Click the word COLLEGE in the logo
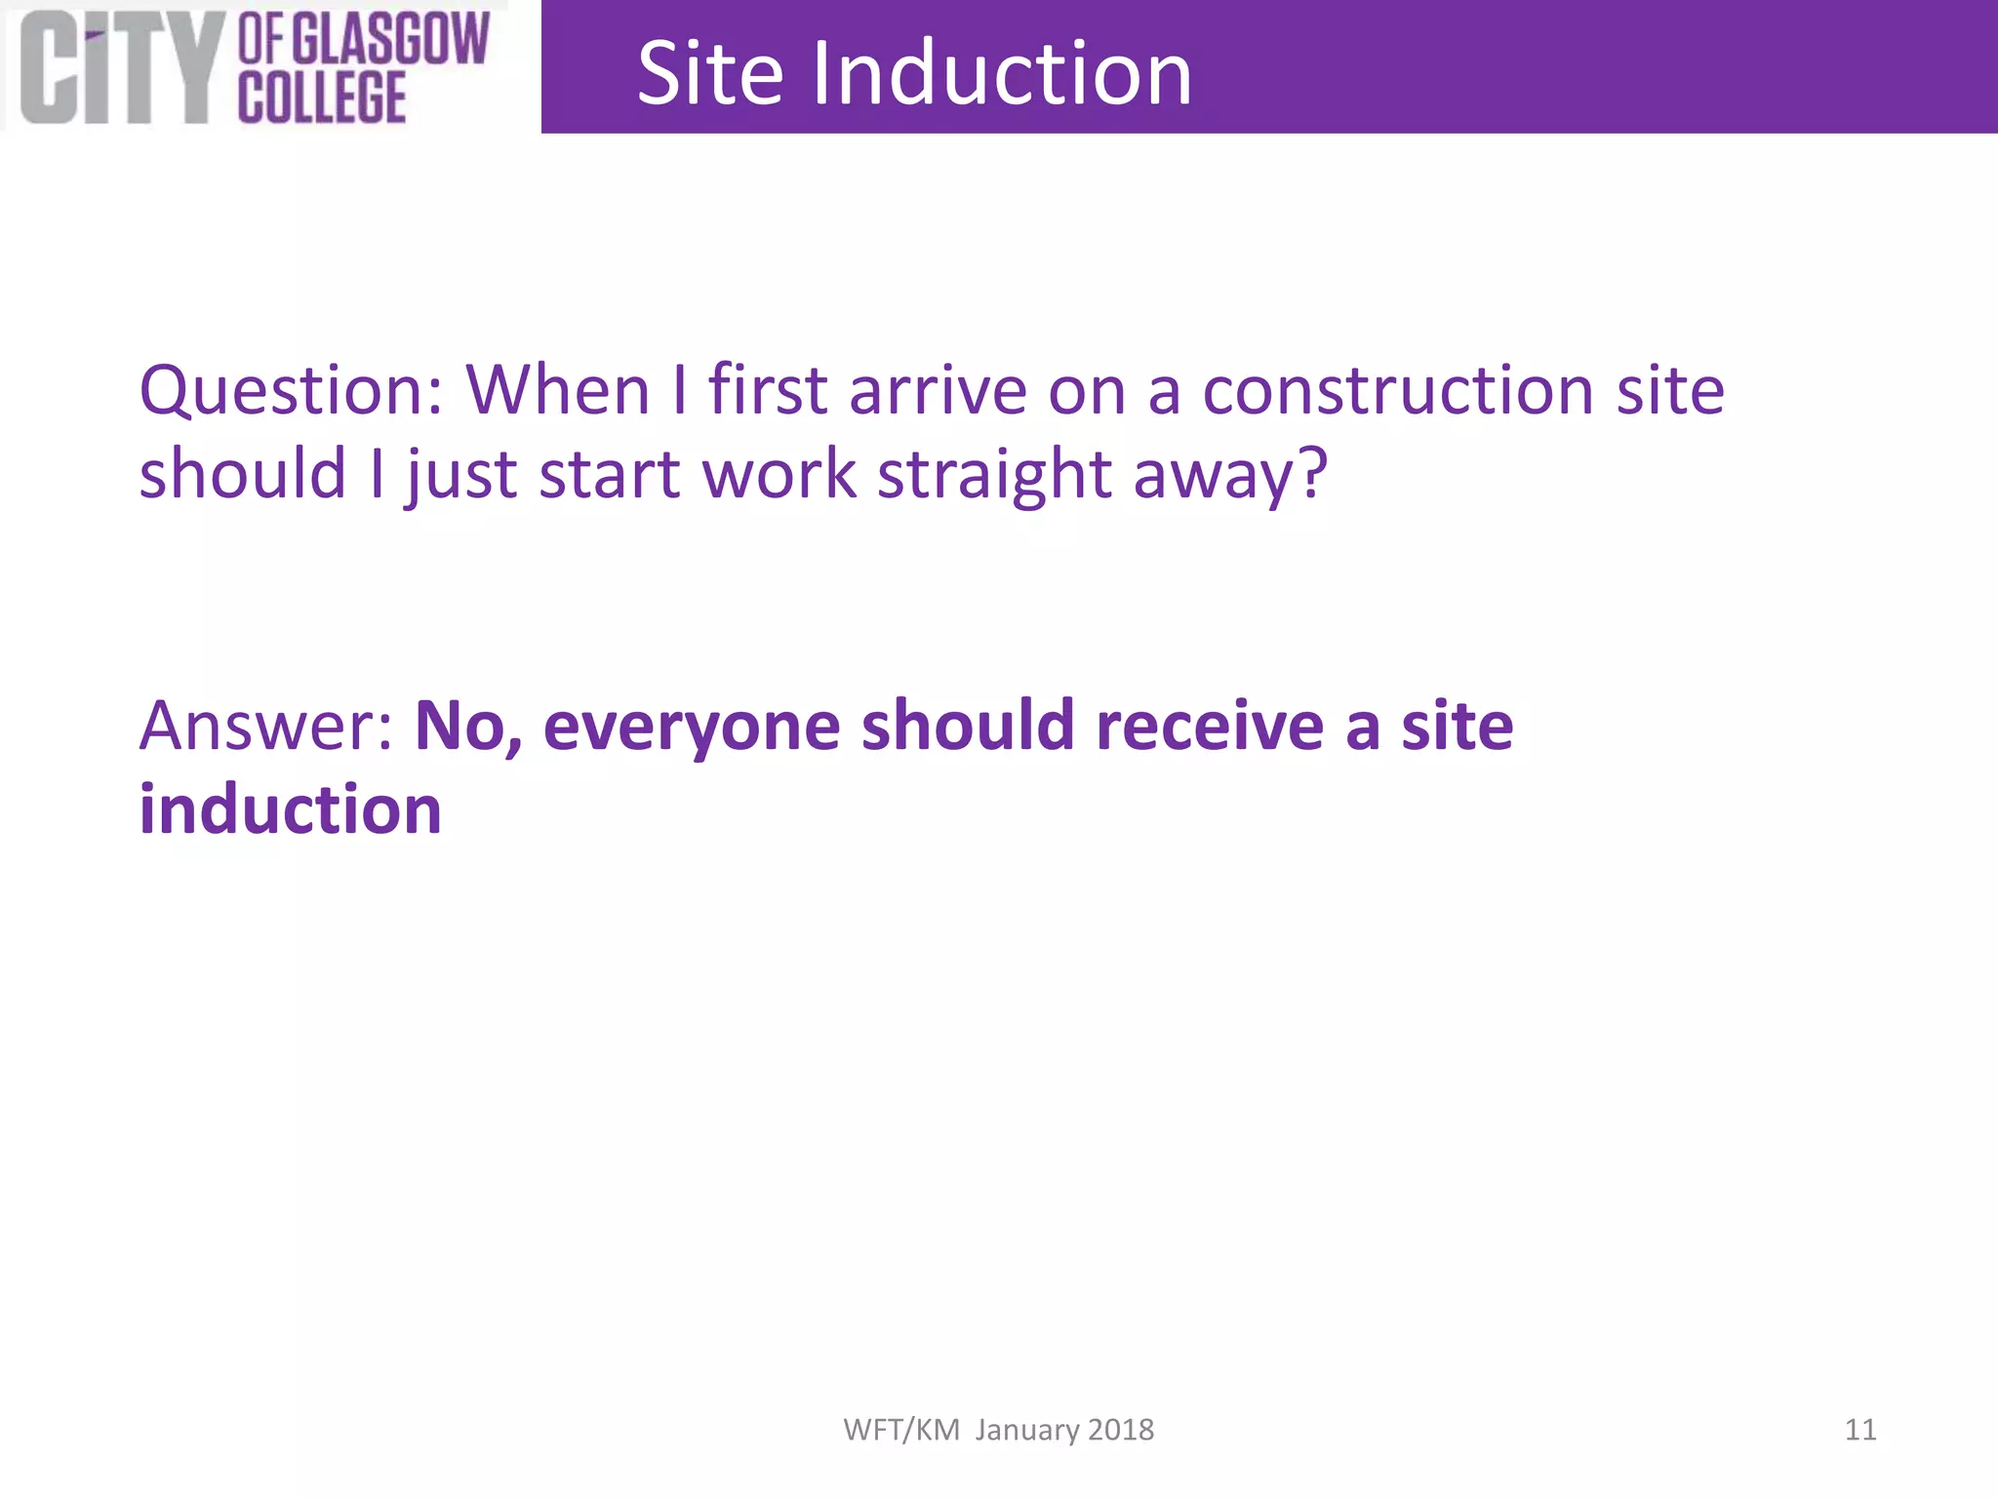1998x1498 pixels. click(322, 98)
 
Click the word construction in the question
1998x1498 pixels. click(1398, 390)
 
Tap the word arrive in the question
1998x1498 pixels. click(938, 390)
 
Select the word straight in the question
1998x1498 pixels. click(994, 476)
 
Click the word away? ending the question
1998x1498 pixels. click(1230, 476)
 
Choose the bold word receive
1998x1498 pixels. click(1209, 727)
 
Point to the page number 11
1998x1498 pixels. click(1859, 1430)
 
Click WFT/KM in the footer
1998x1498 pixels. click(901, 1430)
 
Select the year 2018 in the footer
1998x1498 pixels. click(1121, 1430)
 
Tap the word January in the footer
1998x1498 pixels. click(1027, 1431)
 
